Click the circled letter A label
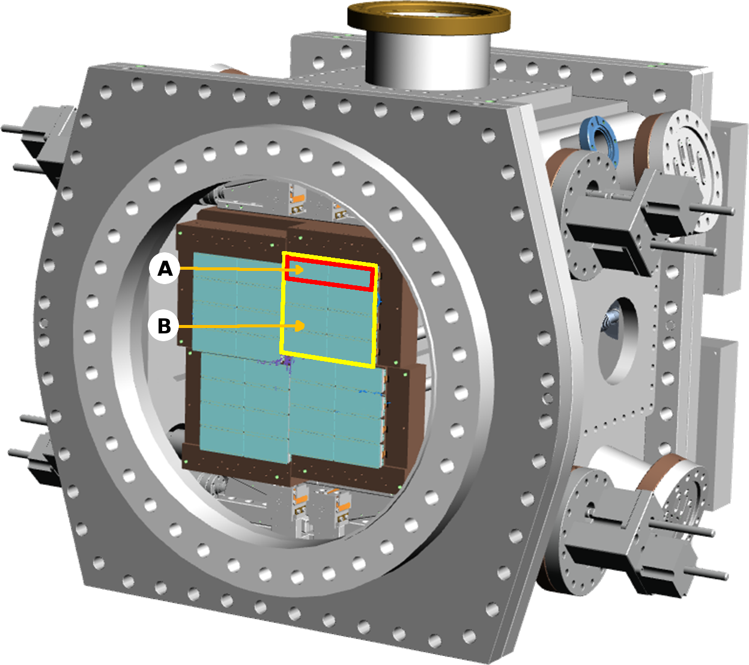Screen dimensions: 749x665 (x=165, y=269)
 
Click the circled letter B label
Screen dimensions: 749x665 (x=164, y=326)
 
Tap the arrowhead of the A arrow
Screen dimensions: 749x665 (x=299, y=270)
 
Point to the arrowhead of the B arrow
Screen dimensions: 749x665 (x=299, y=326)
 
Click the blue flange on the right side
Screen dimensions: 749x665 (x=599, y=139)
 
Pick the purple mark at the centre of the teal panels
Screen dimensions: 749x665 (x=284, y=360)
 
